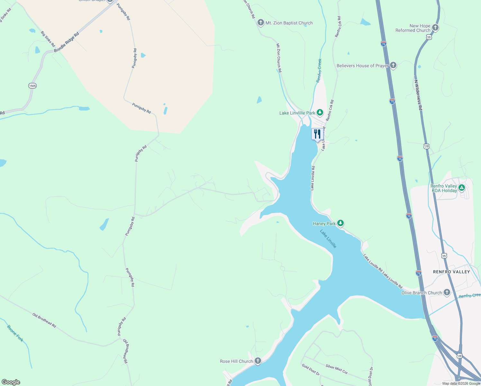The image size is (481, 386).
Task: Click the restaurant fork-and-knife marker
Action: tap(317, 134)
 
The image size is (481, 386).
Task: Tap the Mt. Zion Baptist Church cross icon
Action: tap(261, 23)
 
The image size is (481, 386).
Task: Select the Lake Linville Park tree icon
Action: tap(320, 113)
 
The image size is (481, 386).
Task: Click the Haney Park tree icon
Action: tap(340, 223)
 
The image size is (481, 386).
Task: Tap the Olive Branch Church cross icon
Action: tap(447, 292)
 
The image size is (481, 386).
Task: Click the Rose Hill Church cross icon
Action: tap(258, 361)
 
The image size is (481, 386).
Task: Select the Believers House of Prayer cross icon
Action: tap(393, 65)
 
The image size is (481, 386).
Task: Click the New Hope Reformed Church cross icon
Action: tap(435, 28)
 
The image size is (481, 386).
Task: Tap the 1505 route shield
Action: tap(32, 86)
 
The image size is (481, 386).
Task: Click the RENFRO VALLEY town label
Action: tap(451, 272)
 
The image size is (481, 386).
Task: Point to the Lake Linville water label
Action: tap(328, 238)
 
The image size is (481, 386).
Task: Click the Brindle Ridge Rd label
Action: tap(67, 42)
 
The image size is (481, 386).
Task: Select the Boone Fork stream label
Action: tap(15, 334)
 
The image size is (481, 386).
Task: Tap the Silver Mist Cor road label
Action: tap(337, 369)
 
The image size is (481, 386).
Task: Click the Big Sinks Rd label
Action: tap(48, 39)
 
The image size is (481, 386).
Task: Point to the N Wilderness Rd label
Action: tap(418, 95)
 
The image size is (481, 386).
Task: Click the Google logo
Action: tap(11, 382)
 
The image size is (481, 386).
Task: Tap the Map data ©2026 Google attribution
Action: tap(461, 383)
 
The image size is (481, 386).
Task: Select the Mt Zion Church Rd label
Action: tap(279, 58)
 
